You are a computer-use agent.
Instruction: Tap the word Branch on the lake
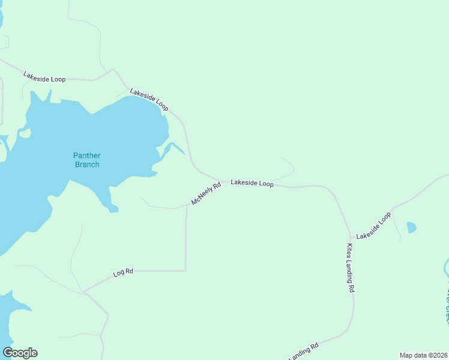86,164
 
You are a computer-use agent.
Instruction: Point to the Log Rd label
122,273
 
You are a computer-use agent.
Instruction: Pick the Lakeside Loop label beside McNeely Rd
252,183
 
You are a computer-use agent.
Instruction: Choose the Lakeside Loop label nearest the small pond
373,226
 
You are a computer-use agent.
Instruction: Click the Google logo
20,353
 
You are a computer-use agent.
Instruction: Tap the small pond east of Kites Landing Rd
411,227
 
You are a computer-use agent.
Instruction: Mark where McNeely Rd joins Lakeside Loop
220,180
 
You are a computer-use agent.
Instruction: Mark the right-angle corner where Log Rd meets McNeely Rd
186,271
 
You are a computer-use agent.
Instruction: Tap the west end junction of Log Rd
85,292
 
